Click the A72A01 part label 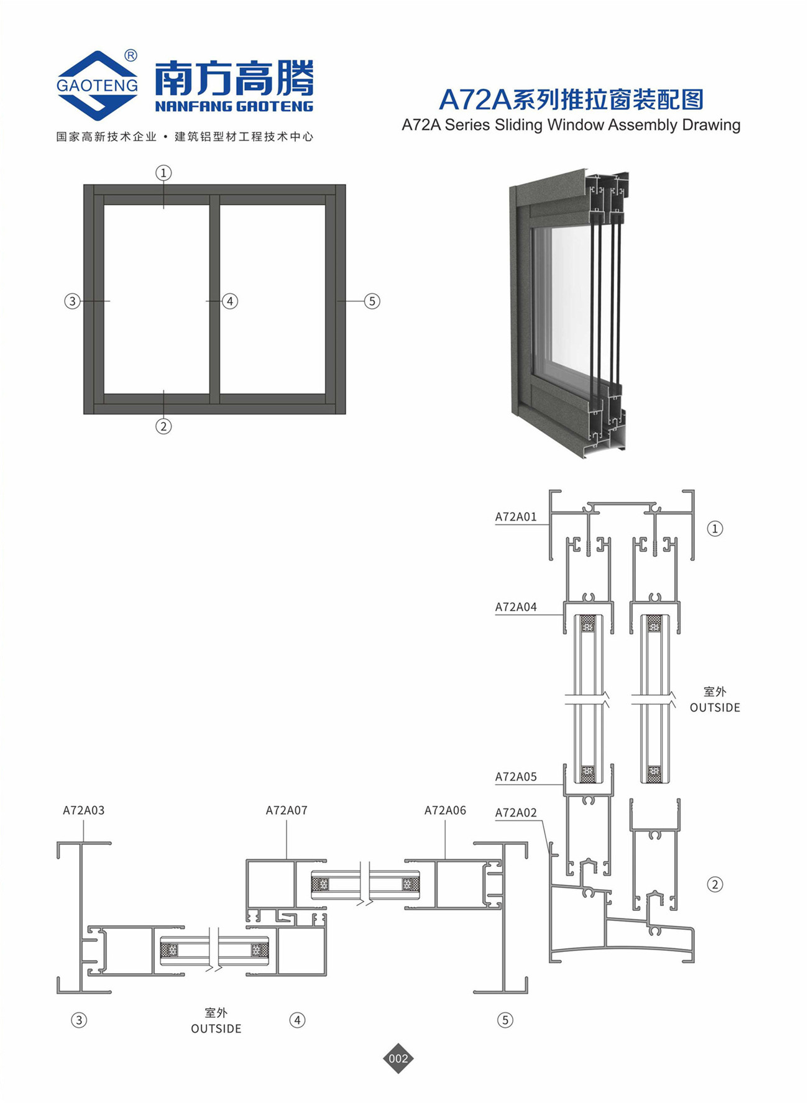pyautogui.click(x=516, y=516)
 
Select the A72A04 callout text pyautogui.click(x=516, y=607)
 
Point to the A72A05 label pyautogui.click(x=516, y=777)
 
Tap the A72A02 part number pyautogui.click(x=516, y=813)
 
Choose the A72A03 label pyautogui.click(x=83, y=810)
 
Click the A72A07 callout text pyautogui.click(x=287, y=810)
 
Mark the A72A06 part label pyautogui.click(x=445, y=810)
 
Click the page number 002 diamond pyautogui.click(x=398, y=1058)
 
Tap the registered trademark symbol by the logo pyautogui.click(x=131, y=56)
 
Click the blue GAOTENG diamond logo pyautogui.click(x=97, y=85)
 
